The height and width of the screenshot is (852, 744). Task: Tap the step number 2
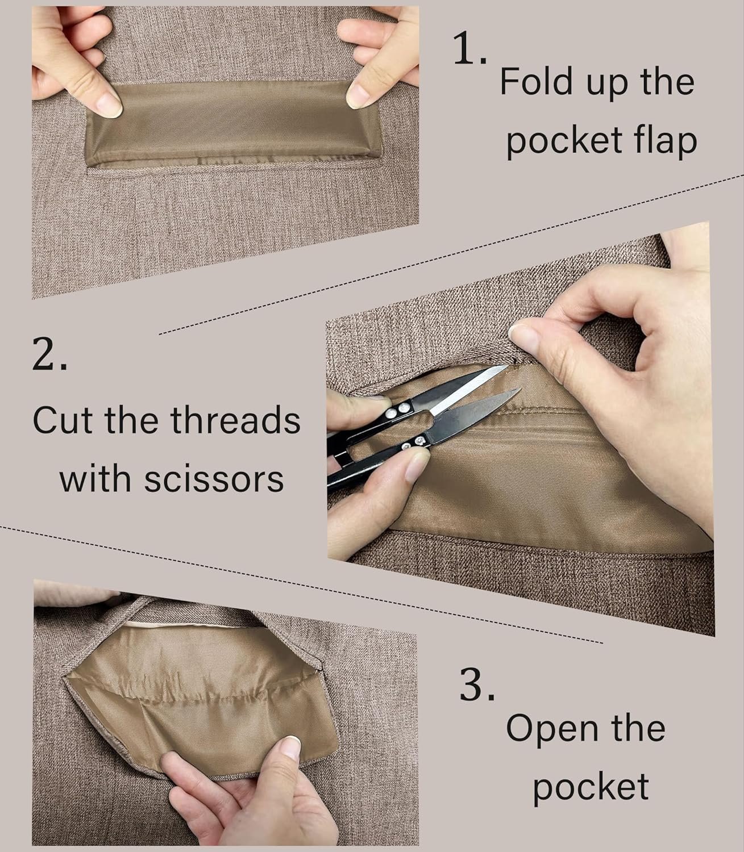(49, 353)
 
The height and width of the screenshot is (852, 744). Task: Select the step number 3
(477, 683)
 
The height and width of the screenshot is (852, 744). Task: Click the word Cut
(63, 420)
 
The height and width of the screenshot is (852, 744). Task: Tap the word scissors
(214, 479)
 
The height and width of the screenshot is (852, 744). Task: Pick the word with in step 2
(95, 478)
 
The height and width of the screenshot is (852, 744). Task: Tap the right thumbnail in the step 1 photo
(358, 95)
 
